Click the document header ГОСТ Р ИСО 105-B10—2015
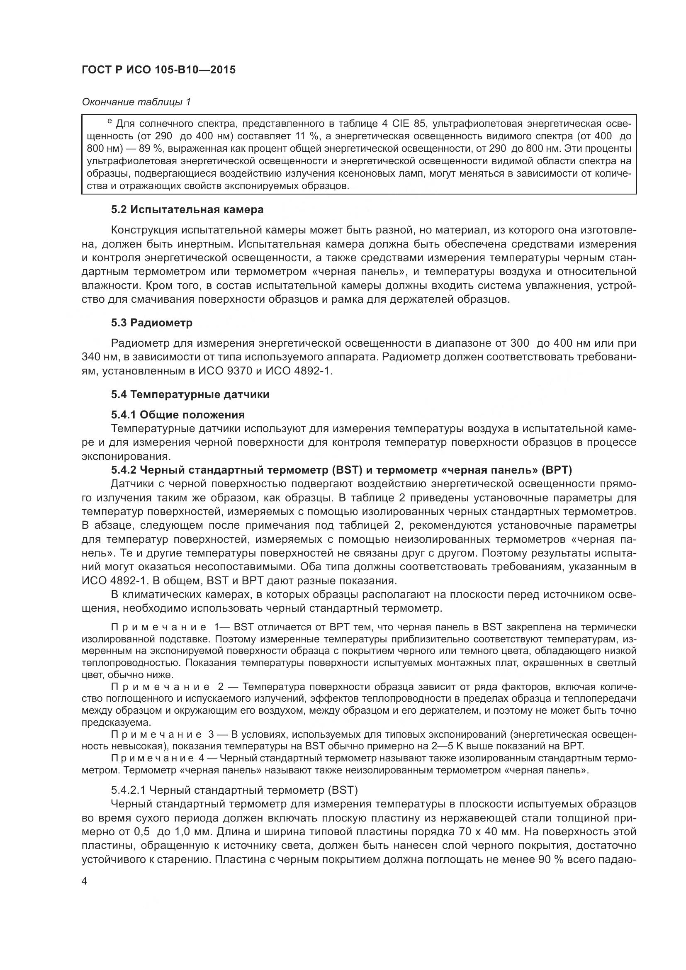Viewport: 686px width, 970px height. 158,70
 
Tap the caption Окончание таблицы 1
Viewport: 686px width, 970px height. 136,102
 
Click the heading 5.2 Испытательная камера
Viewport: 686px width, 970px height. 187,209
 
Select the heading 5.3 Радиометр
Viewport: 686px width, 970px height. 152,323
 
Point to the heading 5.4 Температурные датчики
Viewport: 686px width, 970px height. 190,394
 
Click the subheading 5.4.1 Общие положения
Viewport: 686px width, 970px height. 178,414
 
